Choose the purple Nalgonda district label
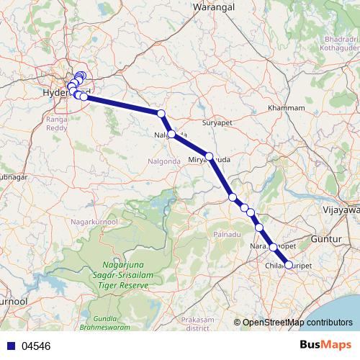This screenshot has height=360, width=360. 165,160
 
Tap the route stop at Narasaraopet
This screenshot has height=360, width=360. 273,247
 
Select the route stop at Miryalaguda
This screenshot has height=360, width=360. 209,156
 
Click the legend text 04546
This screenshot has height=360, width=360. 36,346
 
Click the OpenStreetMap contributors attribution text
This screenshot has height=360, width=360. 297,323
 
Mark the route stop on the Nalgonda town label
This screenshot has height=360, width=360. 171,134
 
